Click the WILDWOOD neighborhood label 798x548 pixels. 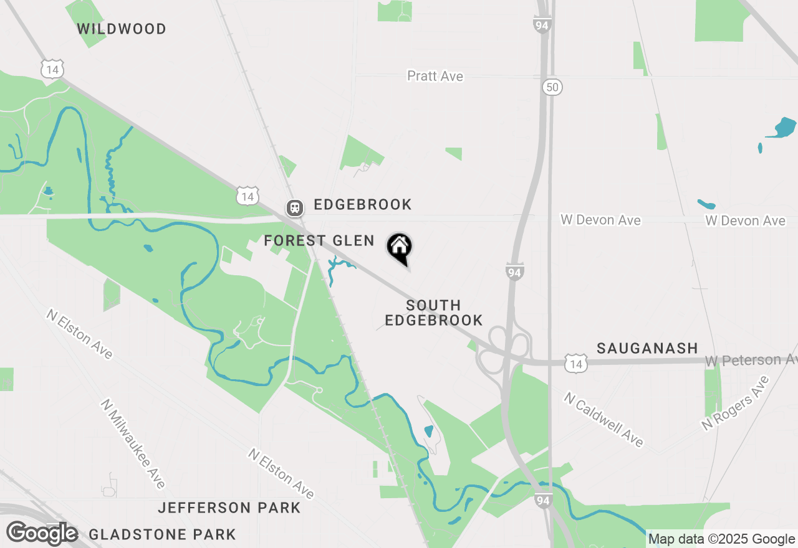[x=122, y=29]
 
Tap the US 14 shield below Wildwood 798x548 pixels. [x=52, y=69]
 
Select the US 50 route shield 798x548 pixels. [x=552, y=87]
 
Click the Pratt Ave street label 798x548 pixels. [x=435, y=76]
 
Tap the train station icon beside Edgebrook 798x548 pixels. [x=294, y=207]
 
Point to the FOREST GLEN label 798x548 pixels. [x=319, y=240]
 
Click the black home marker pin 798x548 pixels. [x=399, y=248]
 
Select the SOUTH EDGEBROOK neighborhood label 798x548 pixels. [x=433, y=313]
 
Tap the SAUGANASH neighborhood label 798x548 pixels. [x=647, y=348]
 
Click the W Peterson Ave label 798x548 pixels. [x=751, y=361]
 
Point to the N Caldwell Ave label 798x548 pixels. [x=603, y=419]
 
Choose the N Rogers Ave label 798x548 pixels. [x=735, y=403]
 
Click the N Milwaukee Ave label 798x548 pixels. [x=133, y=443]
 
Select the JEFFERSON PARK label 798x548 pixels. [x=229, y=508]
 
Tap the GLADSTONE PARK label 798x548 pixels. [x=162, y=534]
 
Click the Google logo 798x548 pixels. [x=42, y=534]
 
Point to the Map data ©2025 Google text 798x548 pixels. [x=721, y=539]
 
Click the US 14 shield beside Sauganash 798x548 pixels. [x=576, y=364]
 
